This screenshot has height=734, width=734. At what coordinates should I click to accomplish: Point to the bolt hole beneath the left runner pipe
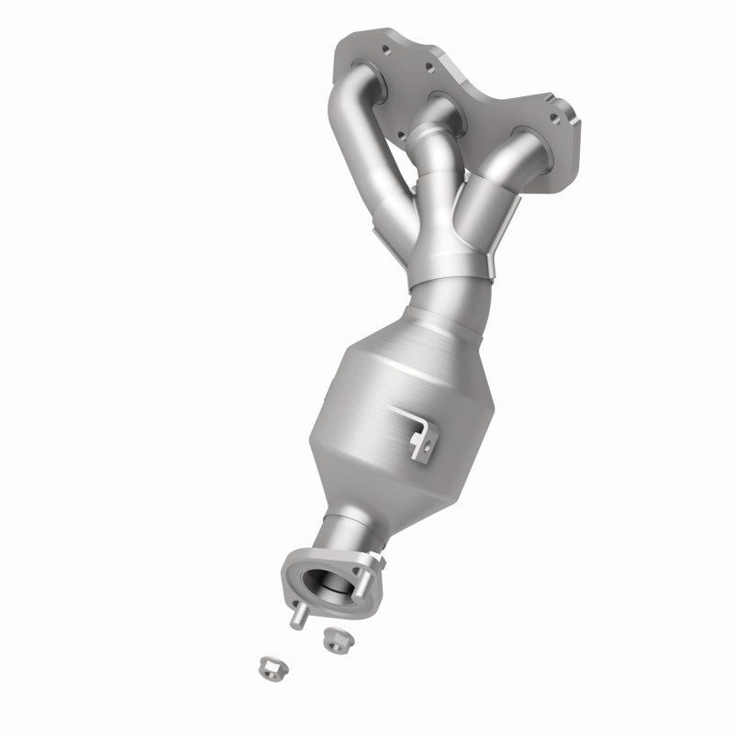tap(401, 137)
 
